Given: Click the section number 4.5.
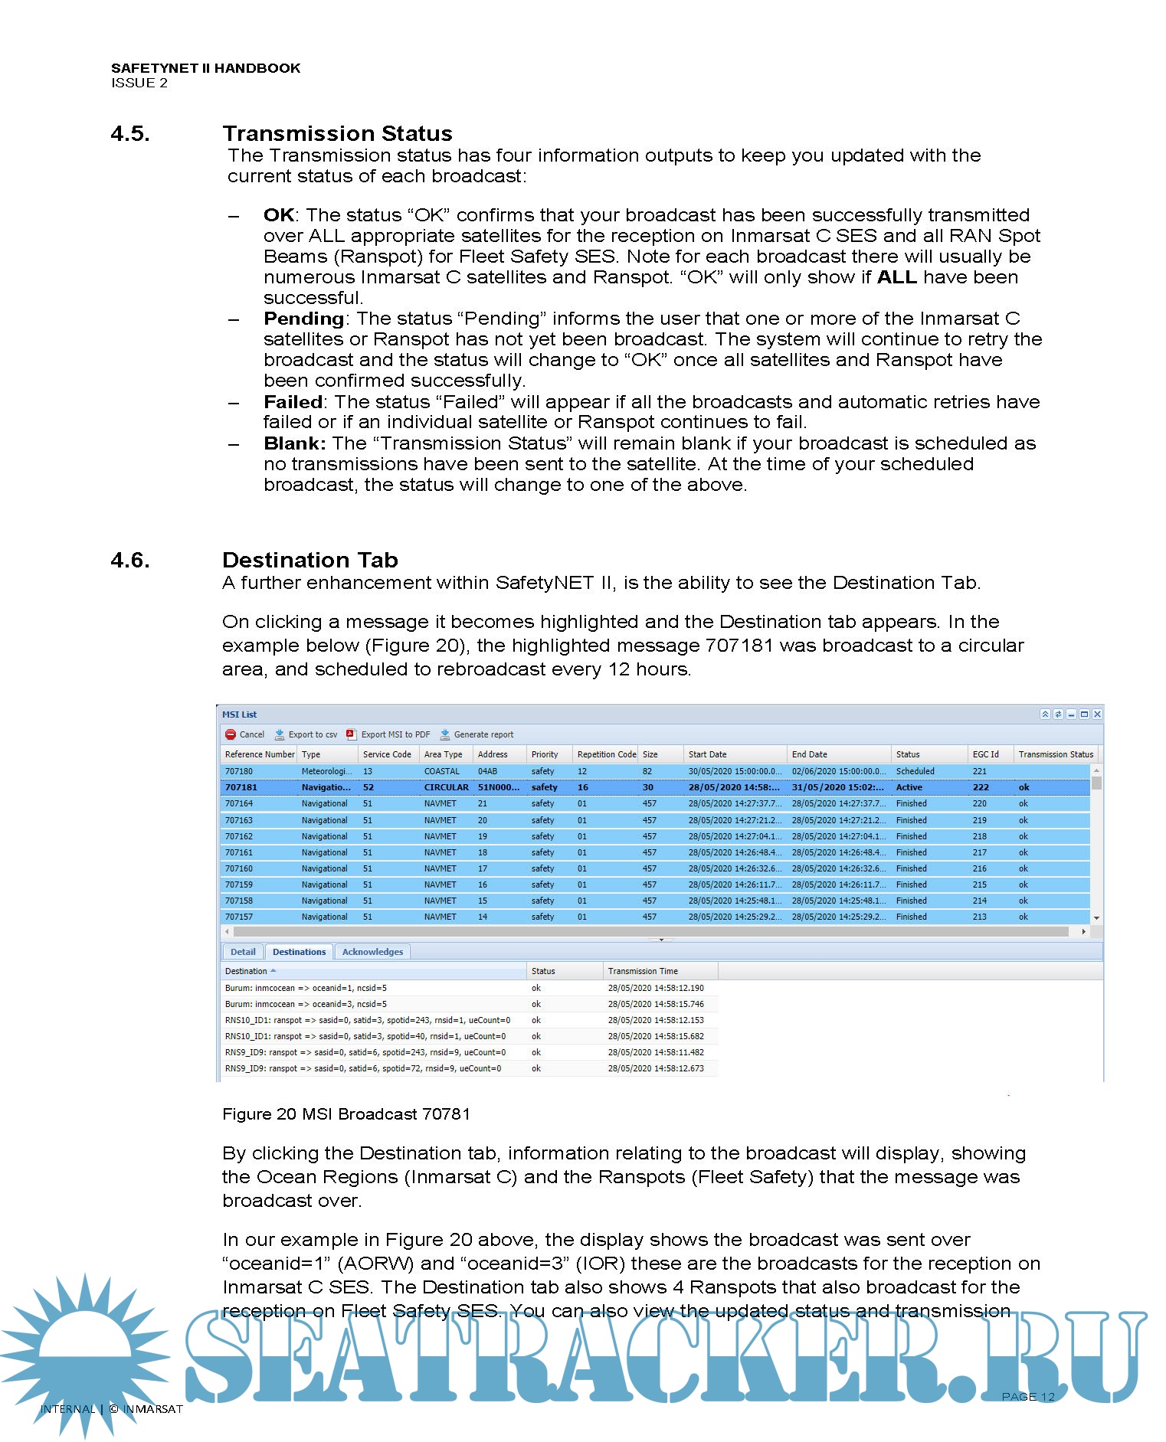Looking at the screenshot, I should [x=130, y=134].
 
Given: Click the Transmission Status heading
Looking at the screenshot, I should [x=337, y=134].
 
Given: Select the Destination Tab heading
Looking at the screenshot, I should [x=310, y=560].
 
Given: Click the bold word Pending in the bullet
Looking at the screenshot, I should [x=303, y=319].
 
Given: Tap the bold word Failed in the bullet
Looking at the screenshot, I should [x=293, y=402].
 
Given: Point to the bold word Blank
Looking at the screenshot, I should [x=294, y=443].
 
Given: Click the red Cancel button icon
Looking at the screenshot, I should [x=231, y=734].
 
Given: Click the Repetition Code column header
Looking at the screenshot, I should [x=606, y=754].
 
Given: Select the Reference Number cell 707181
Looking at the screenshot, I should [x=241, y=787].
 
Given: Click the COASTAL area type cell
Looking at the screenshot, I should [x=442, y=771].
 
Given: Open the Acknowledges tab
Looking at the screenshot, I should [x=372, y=952].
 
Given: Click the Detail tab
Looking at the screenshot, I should [x=243, y=952].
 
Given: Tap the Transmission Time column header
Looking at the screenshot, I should [x=643, y=971].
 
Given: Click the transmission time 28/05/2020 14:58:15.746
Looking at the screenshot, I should [x=656, y=1004].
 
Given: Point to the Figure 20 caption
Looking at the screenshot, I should [x=346, y=1114].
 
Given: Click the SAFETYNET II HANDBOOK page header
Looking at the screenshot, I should [x=205, y=68].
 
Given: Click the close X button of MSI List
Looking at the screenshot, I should [x=1097, y=714].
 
